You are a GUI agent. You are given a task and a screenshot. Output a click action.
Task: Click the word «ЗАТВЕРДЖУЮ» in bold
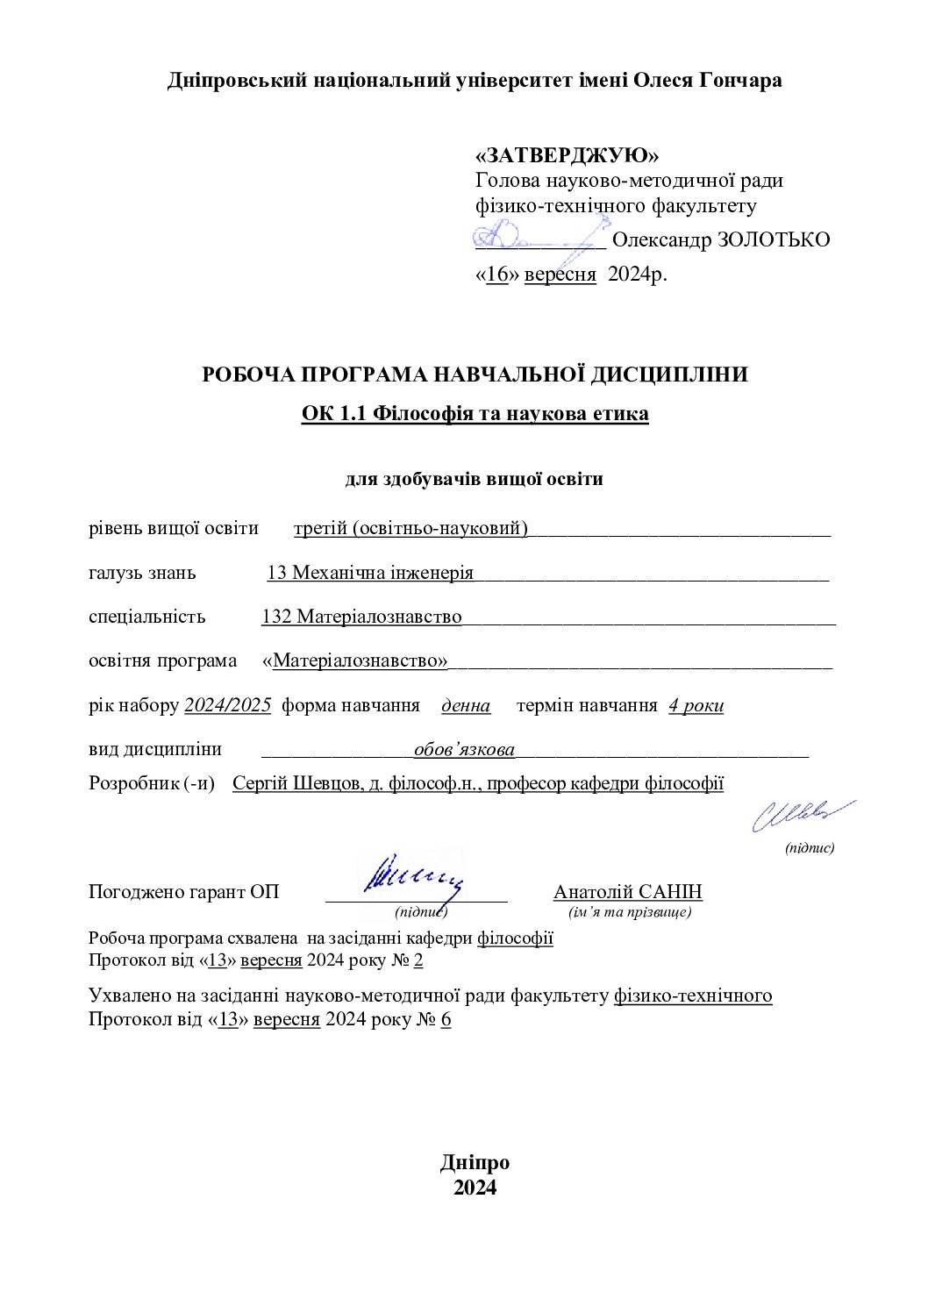tap(567, 155)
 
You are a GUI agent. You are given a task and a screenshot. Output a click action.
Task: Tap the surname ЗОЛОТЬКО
tap(773, 239)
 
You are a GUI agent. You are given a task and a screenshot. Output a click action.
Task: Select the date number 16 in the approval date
tap(496, 274)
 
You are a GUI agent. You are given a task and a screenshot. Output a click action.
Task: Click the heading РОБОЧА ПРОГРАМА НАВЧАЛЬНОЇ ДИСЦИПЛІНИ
tap(475, 375)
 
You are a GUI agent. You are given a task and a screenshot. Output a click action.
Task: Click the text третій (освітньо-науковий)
tap(410, 528)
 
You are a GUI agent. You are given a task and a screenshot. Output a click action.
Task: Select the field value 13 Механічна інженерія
tap(370, 573)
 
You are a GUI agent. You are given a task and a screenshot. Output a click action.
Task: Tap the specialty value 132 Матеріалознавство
tap(361, 617)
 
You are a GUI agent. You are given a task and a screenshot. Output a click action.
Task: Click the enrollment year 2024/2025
tap(227, 705)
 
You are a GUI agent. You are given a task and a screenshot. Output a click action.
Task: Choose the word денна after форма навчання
tap(466, 705)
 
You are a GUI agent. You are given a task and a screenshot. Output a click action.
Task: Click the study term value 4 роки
tap(696, 705)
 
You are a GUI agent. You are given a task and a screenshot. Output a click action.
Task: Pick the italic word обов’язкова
tap(464, 750)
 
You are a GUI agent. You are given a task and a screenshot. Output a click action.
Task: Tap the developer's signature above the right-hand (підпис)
tap(801, 815)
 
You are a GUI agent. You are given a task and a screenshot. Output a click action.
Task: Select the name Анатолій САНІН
tap(627, 892)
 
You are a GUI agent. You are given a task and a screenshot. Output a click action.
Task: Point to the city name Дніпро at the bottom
tap(475, 1163)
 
